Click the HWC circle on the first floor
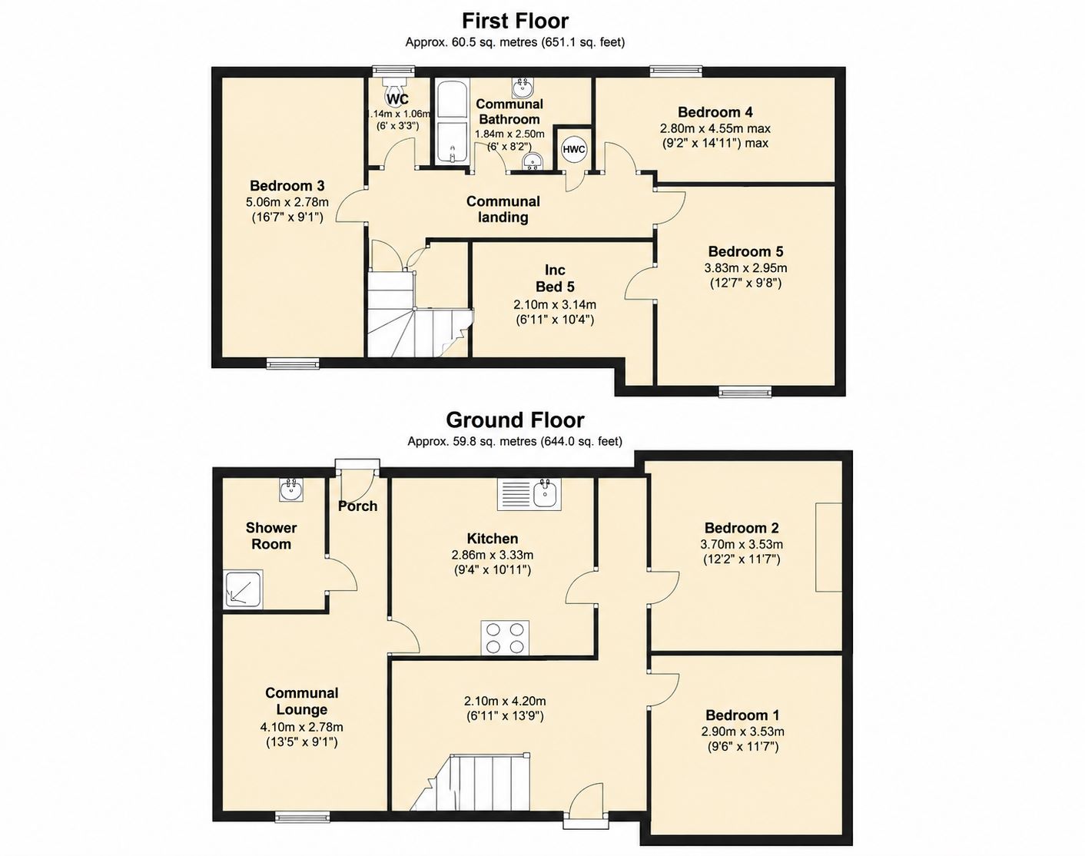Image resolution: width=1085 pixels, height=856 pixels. pos(574,149)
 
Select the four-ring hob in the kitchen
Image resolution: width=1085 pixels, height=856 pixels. pos(505,637)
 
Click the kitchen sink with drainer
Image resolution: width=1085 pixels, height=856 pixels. pos(529,494)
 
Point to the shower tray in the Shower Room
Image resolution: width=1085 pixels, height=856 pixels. pos(243,589)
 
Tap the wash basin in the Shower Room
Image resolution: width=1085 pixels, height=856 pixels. pos(291,489)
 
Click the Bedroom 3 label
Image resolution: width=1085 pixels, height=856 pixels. pos(287,185)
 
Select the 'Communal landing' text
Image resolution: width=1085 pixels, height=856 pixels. pos(503,209)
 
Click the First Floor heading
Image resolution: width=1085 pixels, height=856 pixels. pos(516,21)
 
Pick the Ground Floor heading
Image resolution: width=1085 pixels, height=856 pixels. pos(515,420)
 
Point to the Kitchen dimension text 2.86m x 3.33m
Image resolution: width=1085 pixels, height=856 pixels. pos(492,555)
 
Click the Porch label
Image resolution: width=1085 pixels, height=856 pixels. pos(357,506)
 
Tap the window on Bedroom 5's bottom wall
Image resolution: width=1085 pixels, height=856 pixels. pos(745,391)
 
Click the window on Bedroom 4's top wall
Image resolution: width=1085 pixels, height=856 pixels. pos(675,71)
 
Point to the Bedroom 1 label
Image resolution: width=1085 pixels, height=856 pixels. pos(742,715)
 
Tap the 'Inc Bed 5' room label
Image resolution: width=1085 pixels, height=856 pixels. pos(555,278)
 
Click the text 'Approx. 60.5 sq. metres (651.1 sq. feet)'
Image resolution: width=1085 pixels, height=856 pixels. pos(515,42)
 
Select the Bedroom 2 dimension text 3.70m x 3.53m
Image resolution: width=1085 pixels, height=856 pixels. pos(742,545)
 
